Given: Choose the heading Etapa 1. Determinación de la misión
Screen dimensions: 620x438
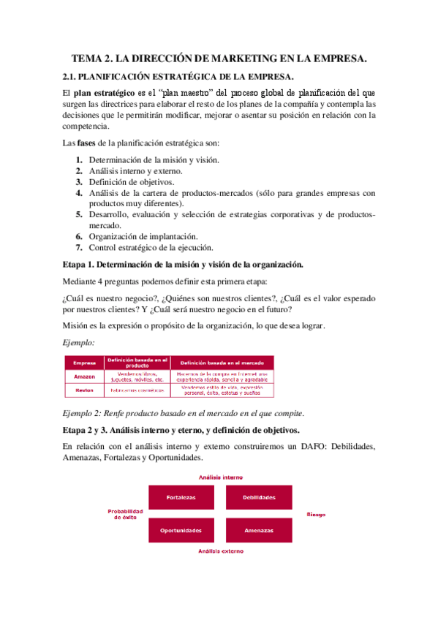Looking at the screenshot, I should (x=183, y=264).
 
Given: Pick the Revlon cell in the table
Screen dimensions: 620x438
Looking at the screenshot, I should (x=85, y=390).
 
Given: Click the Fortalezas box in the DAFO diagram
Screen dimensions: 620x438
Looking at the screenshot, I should (x=180, y=497).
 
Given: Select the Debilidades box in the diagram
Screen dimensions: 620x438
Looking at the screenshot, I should (x=260, y=497).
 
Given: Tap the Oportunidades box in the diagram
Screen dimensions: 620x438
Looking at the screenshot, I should (x=180, y=530).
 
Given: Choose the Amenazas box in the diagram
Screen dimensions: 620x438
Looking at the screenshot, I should (x=260, y=530).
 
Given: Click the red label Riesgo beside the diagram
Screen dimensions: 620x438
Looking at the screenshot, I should (x=316, y=514).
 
